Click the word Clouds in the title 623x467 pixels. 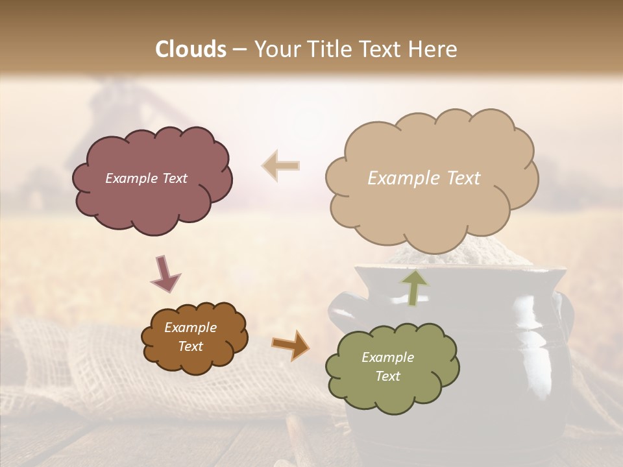pos(191,49)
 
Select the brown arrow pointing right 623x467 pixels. pos(290,344)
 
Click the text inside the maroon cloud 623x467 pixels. pos(146,178)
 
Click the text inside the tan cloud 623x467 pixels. pos(424,178)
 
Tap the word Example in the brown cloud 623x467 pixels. pos(190,328)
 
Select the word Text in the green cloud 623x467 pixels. pos(387,376)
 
